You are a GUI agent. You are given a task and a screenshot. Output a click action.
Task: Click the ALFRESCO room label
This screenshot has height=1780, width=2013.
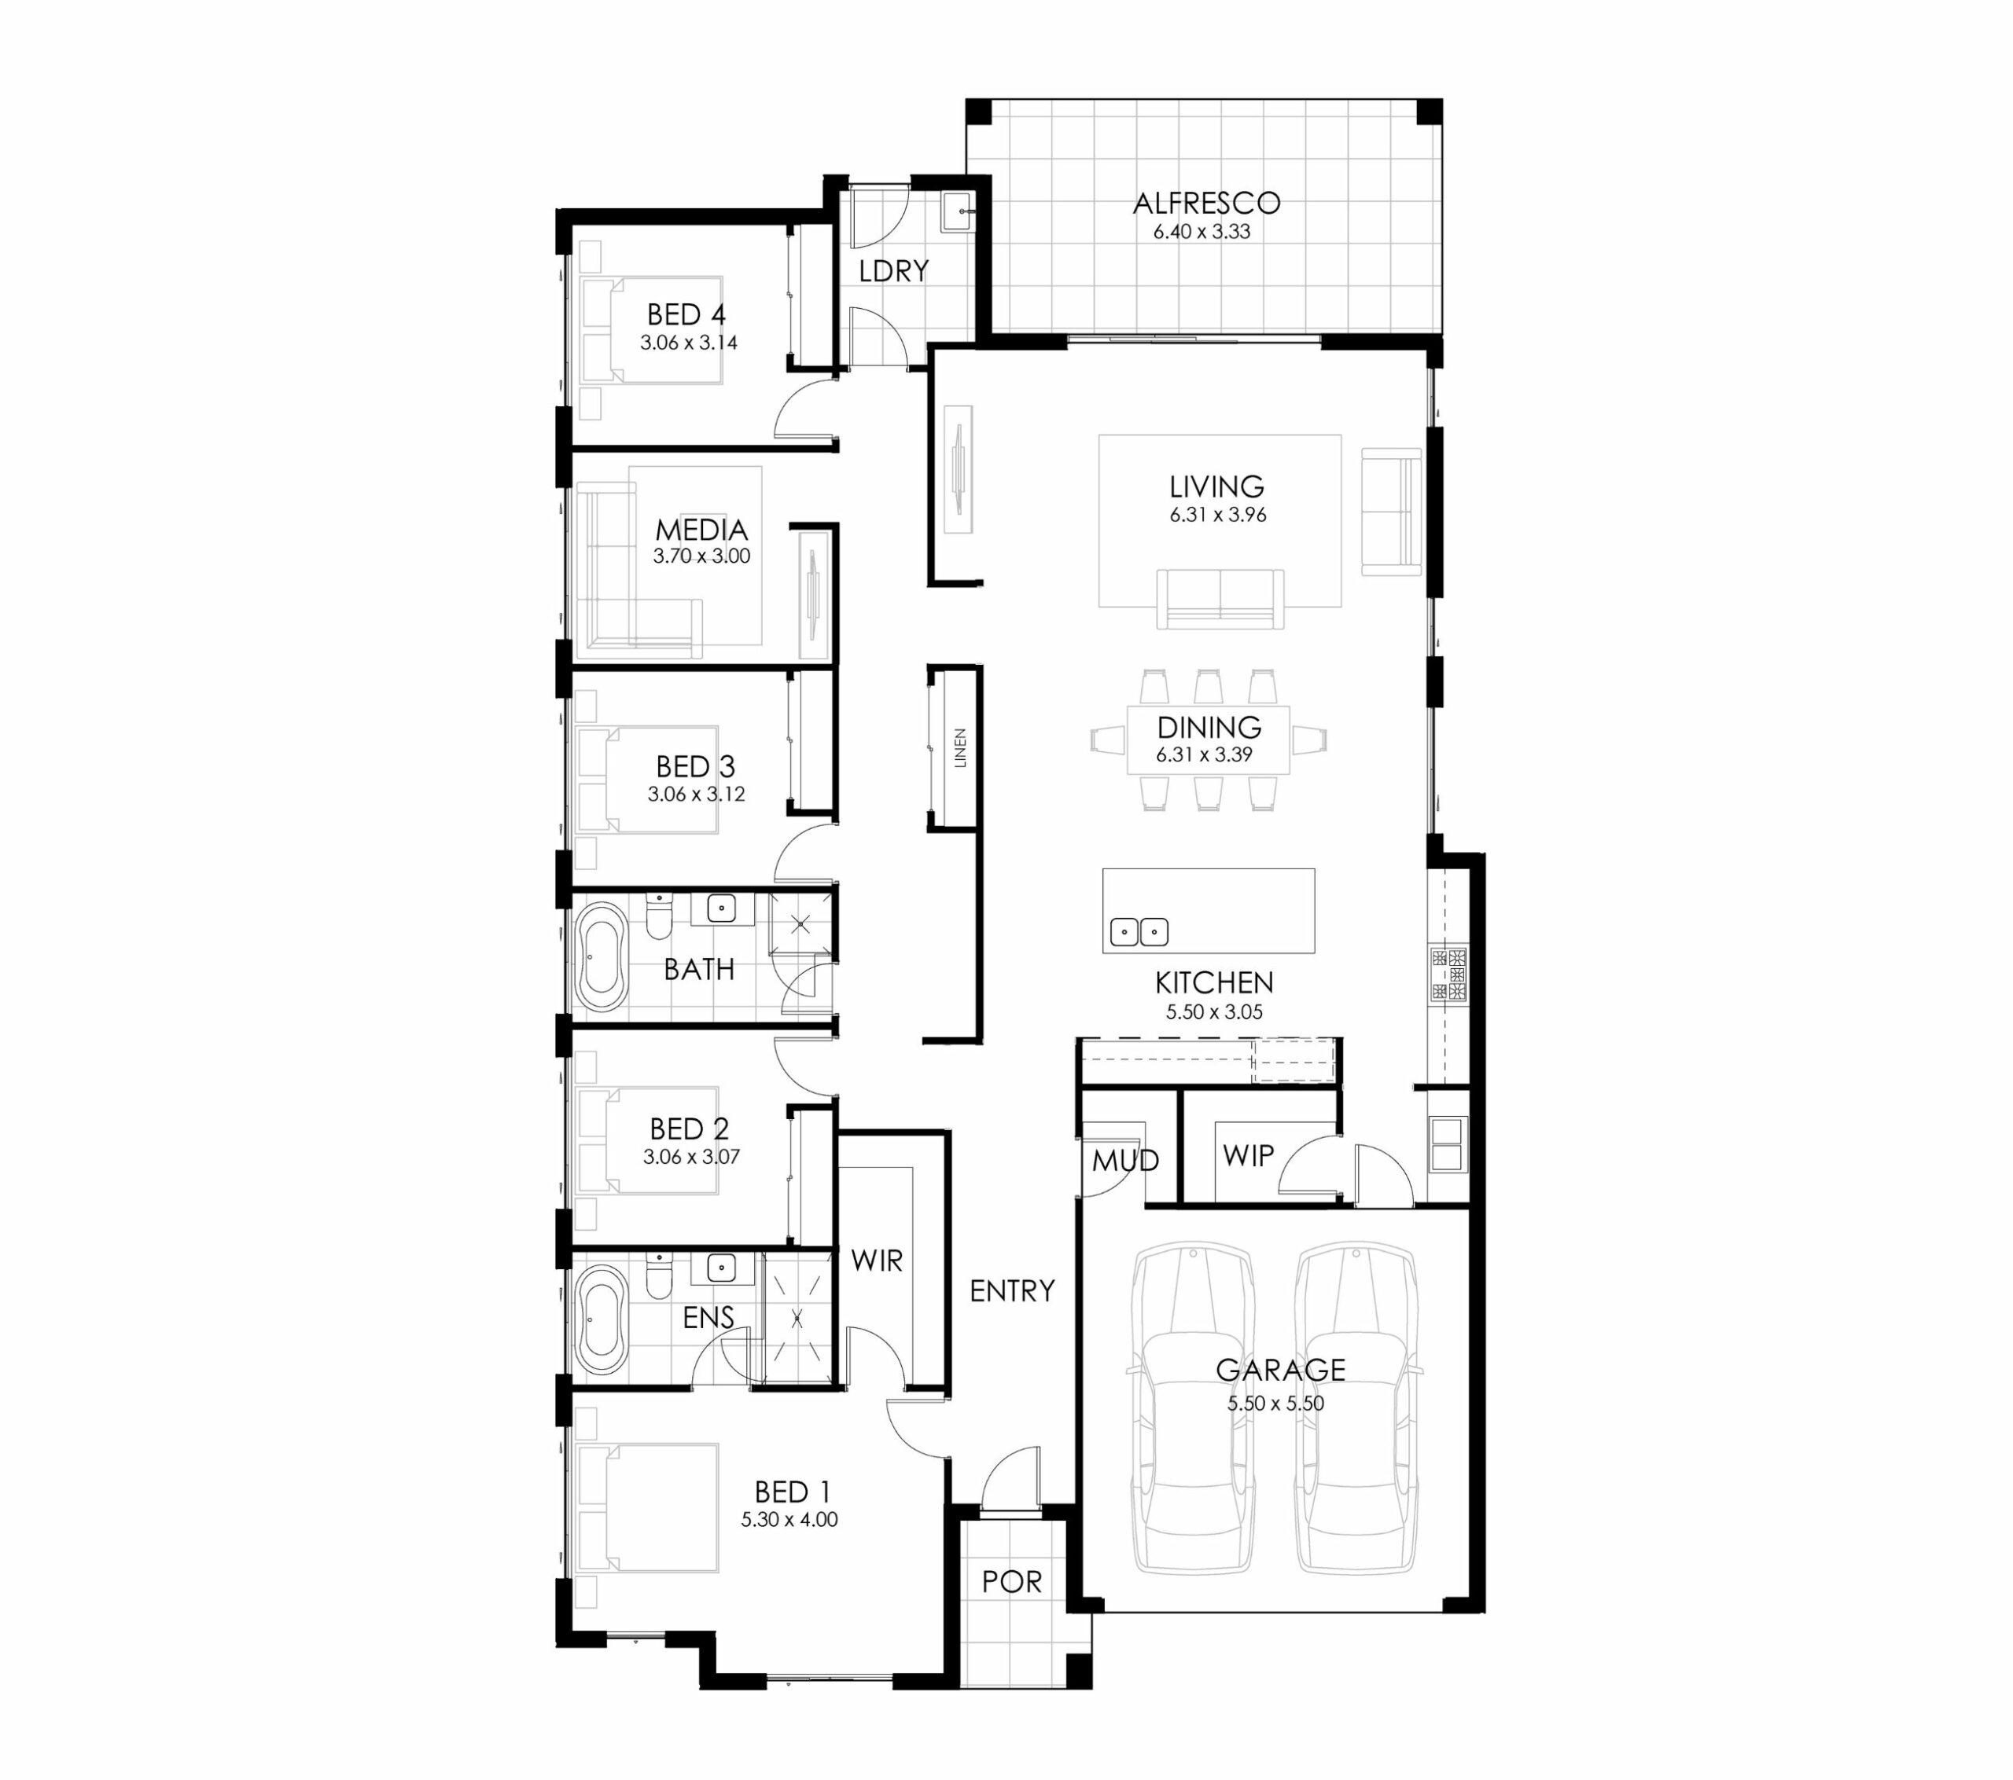pyautogui.click(x=1206, y=204)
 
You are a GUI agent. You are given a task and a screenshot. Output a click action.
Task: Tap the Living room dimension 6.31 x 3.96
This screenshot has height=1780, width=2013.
pyautogui.click(x=1218, y=515)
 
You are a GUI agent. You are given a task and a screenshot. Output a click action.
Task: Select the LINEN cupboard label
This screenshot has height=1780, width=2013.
pyautogui.click(x=960, y=748)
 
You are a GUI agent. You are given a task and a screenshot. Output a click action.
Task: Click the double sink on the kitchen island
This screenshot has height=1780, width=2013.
pyautogui.click(x=1139, y=931)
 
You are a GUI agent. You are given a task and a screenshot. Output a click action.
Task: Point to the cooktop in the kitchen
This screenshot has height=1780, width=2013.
pyautogui.click(x=1448, y=974)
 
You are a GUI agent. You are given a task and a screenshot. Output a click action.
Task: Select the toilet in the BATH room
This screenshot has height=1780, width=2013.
pyautogui.click(x=659, y=916)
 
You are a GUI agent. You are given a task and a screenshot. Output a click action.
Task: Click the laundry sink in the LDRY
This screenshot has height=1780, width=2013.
pyautogui.click(x=959, y=211)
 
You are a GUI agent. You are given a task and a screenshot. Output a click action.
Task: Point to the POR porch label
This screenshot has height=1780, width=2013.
pyautogui.click(x=1011, y=1581)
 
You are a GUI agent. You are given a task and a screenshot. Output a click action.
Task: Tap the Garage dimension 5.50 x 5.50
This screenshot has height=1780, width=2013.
pyautogui.click(x=1275, y=1404)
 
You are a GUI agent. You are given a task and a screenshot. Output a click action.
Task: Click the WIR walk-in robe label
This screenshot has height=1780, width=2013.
pyautogui.click(x=877, y=1261)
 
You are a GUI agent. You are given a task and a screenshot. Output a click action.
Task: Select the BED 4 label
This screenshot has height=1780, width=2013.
pyautogui.click(x=686, y=315)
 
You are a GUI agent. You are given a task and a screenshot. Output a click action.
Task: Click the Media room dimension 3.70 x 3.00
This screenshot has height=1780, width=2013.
pyautogui.click(x=701, y=556)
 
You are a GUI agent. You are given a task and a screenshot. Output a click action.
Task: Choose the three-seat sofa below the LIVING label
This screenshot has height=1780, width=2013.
pyautogui.click(x=1220, y=597)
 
